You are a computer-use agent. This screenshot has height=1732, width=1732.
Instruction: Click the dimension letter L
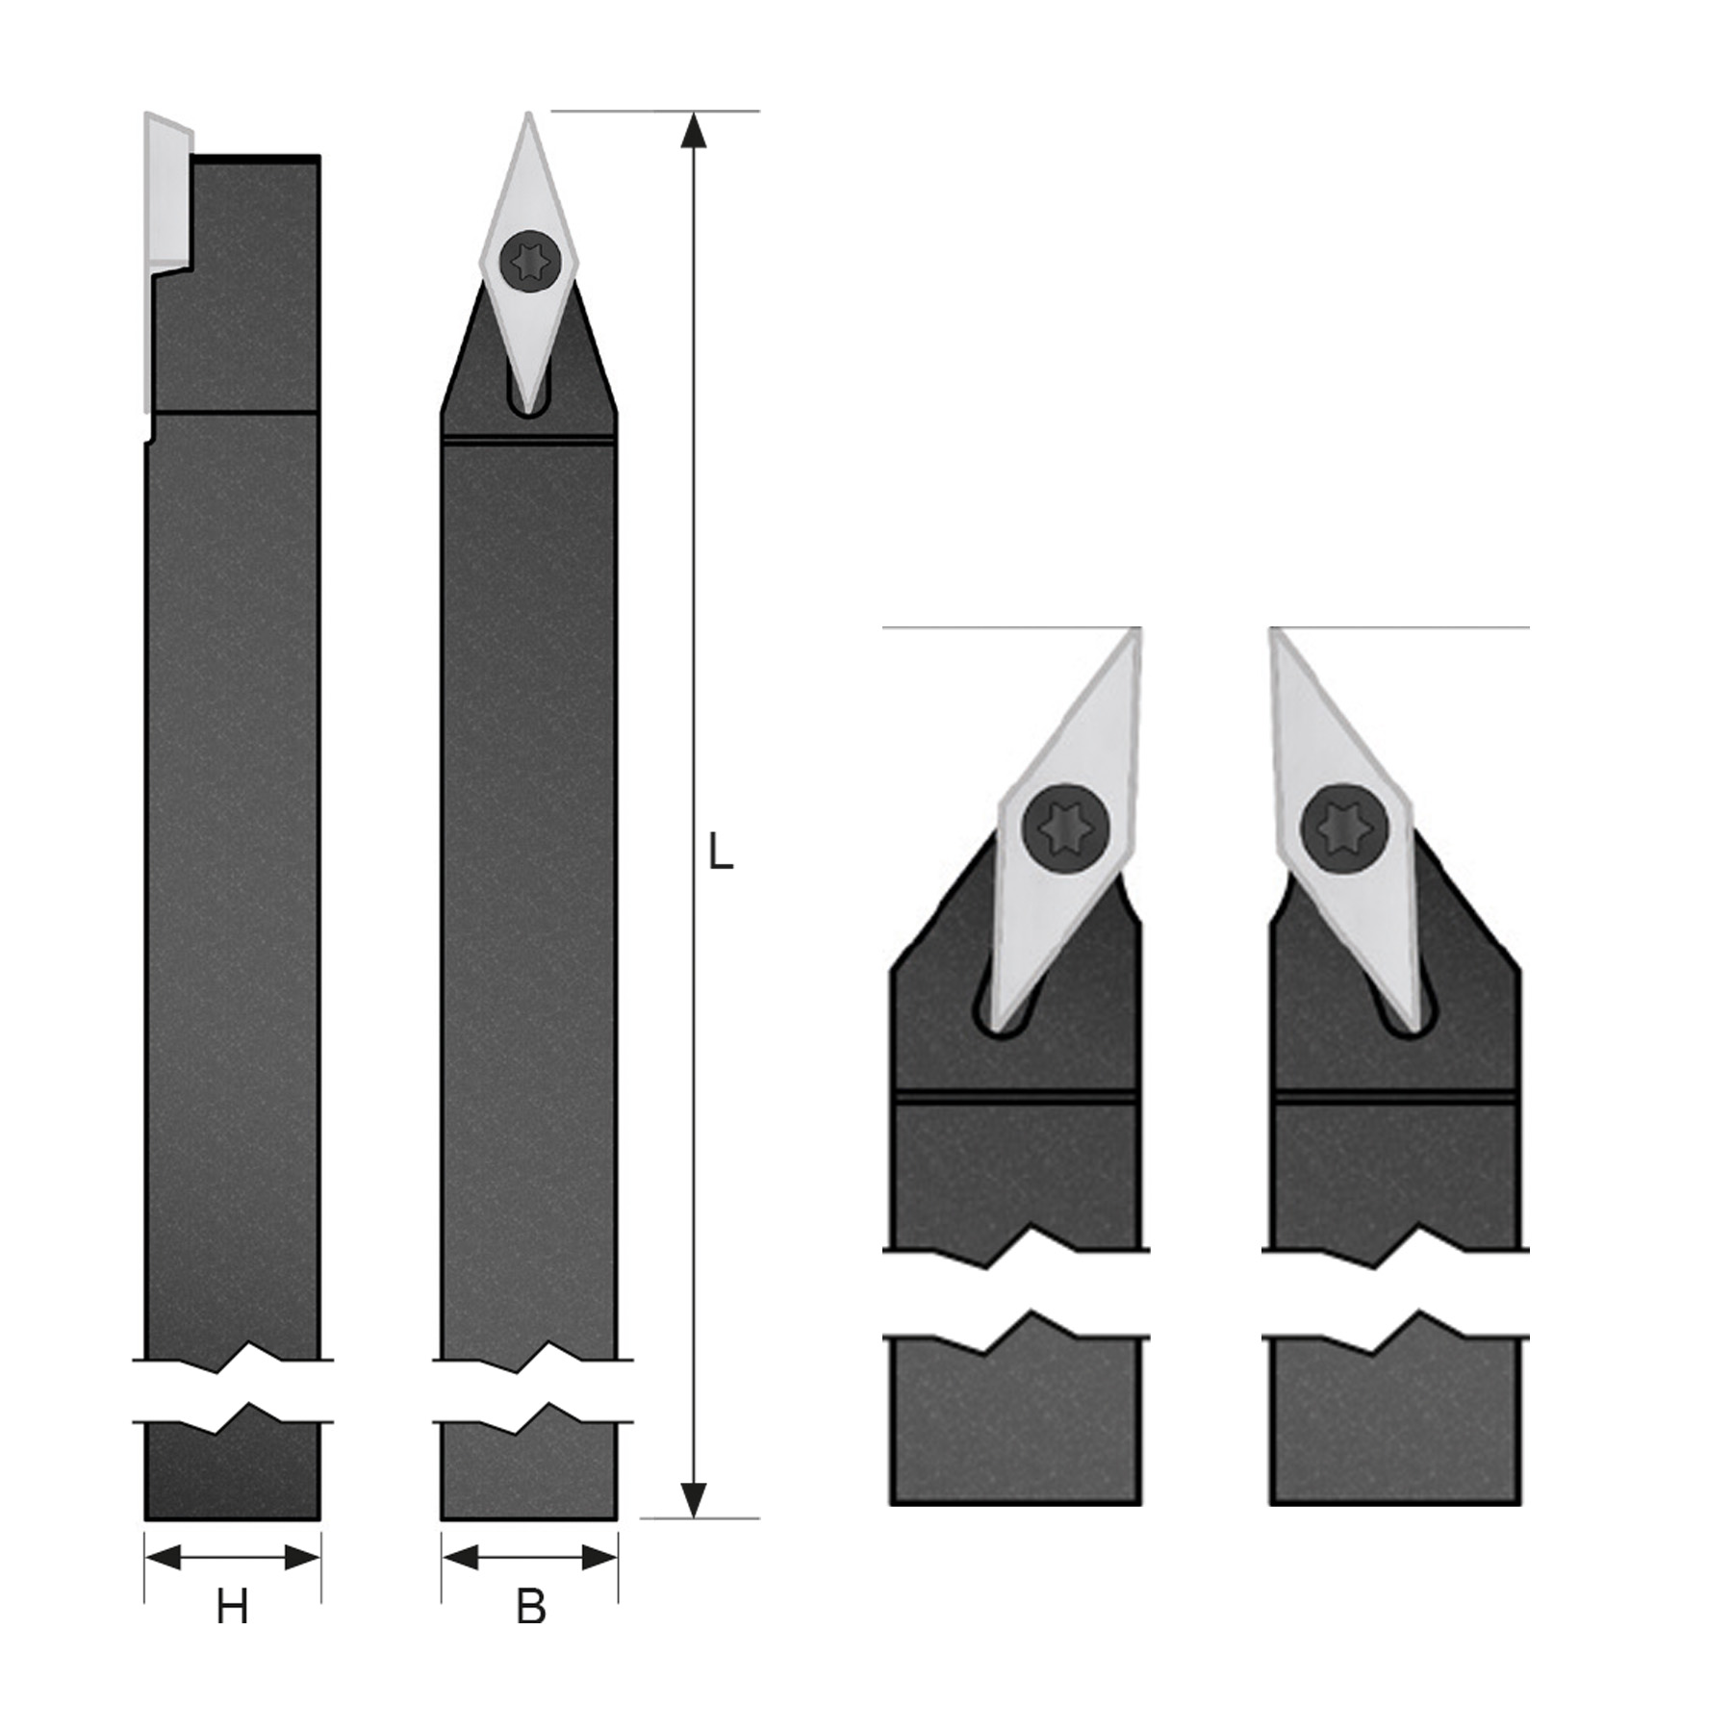pos(721,852)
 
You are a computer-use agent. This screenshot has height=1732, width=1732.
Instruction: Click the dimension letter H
pos(232,1607)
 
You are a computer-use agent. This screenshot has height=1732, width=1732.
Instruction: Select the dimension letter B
pos(530,1607)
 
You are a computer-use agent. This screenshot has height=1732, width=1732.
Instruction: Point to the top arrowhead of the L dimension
pos(693,131)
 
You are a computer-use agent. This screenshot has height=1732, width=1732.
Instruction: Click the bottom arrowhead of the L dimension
pos(693,1500)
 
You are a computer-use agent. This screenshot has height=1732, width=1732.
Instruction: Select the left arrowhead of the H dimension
pos(163,1557)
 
